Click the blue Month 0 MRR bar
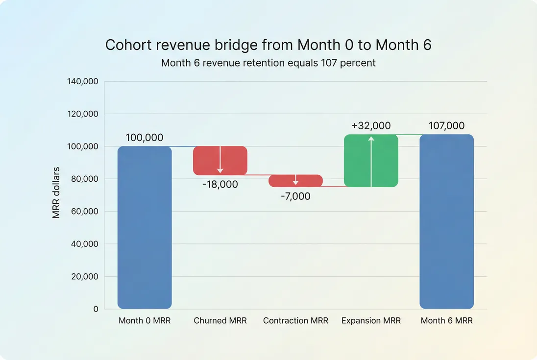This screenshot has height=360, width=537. (145, 227)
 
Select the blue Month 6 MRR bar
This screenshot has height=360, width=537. (446, 221)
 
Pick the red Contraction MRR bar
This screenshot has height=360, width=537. (284, 181)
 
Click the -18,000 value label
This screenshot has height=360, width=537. (220, 185)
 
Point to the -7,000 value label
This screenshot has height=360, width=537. (295, 196)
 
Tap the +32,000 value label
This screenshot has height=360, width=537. (371, 126)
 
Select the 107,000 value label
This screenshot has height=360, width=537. (446, 126)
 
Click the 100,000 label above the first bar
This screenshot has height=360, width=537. (145, 138)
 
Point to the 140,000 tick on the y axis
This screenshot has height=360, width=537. (82, 81)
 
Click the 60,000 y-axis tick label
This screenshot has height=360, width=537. (84, 212)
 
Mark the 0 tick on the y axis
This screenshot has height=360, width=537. (96, 309)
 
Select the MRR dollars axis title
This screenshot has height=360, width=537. (56, 192)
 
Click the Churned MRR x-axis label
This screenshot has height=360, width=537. (220, 321)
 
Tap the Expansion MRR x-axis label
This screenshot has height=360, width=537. (371, 321)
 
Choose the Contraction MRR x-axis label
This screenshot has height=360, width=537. (295, 321)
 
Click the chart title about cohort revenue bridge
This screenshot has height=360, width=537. (268, 45)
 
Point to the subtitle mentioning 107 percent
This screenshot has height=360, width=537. (268, 63)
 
